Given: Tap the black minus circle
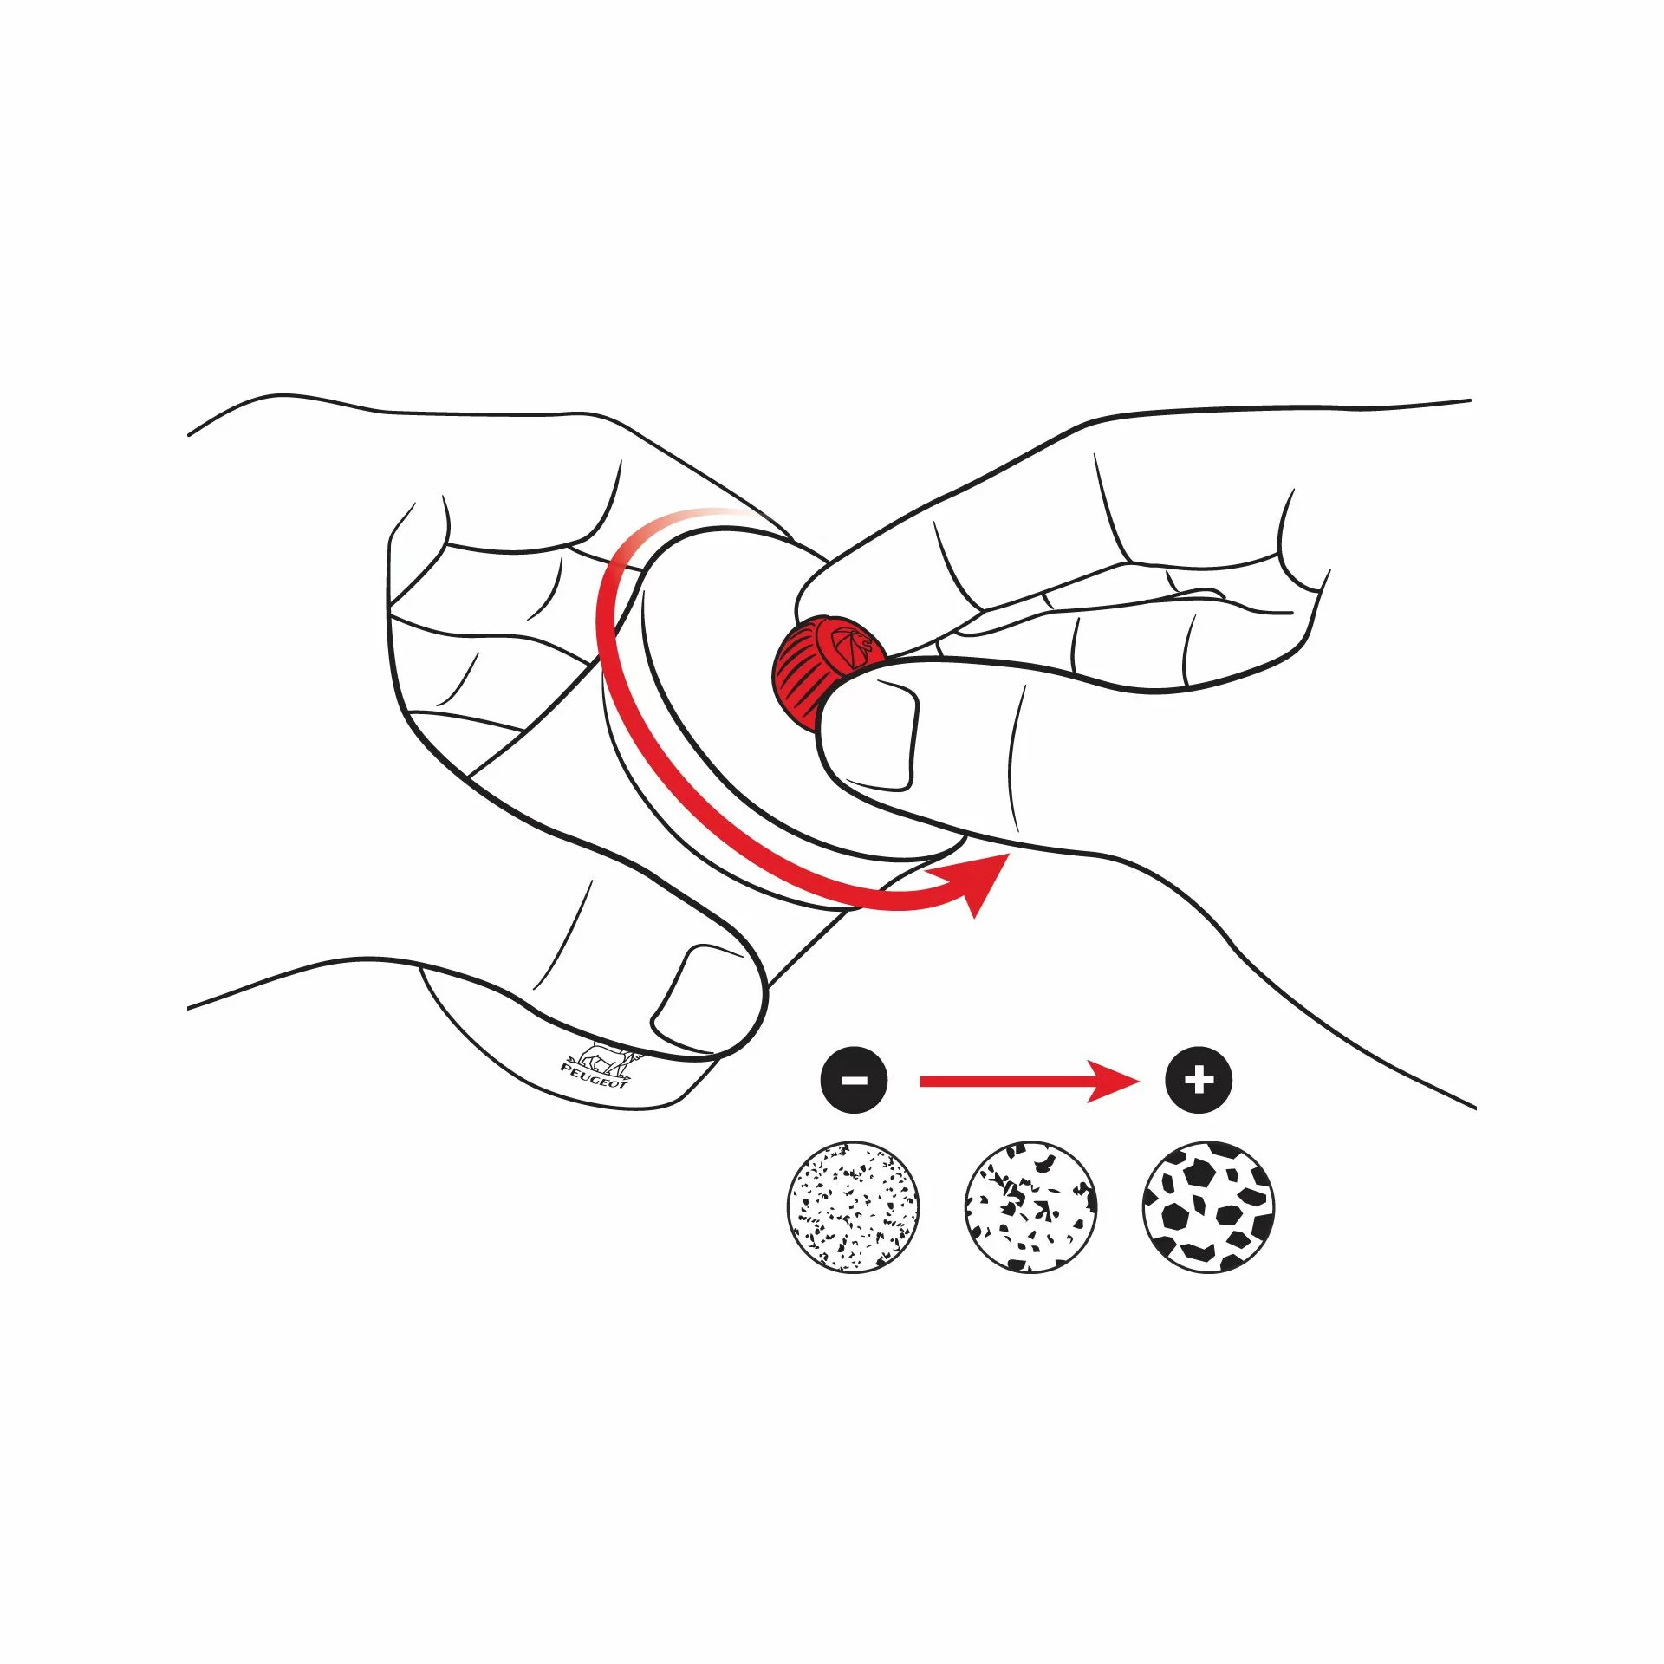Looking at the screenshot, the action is pyautogui.click(x=854, y=1080).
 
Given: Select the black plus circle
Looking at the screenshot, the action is pyautogui.click(x=1199, y=1080).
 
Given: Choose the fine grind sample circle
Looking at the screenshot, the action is pyautogui.click(x=854, y=1206).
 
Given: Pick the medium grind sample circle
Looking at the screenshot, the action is pyautogui.click(x=1030, y=1206).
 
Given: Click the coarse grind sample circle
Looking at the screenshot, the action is pyautogui.click(x=1209, y=1206).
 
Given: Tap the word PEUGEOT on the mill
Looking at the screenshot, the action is pyautogui.click(x=595, y=1076).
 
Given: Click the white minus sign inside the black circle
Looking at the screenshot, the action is pyautogui.click(x=854, y=1081).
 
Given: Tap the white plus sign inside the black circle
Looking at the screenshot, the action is pyautogui.click(x=1199, y=1081).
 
